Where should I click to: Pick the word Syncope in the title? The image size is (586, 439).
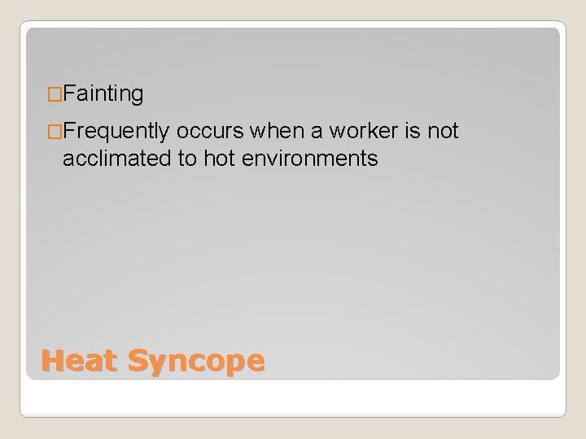(195, 360)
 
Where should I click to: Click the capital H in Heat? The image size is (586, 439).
(52, 359)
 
